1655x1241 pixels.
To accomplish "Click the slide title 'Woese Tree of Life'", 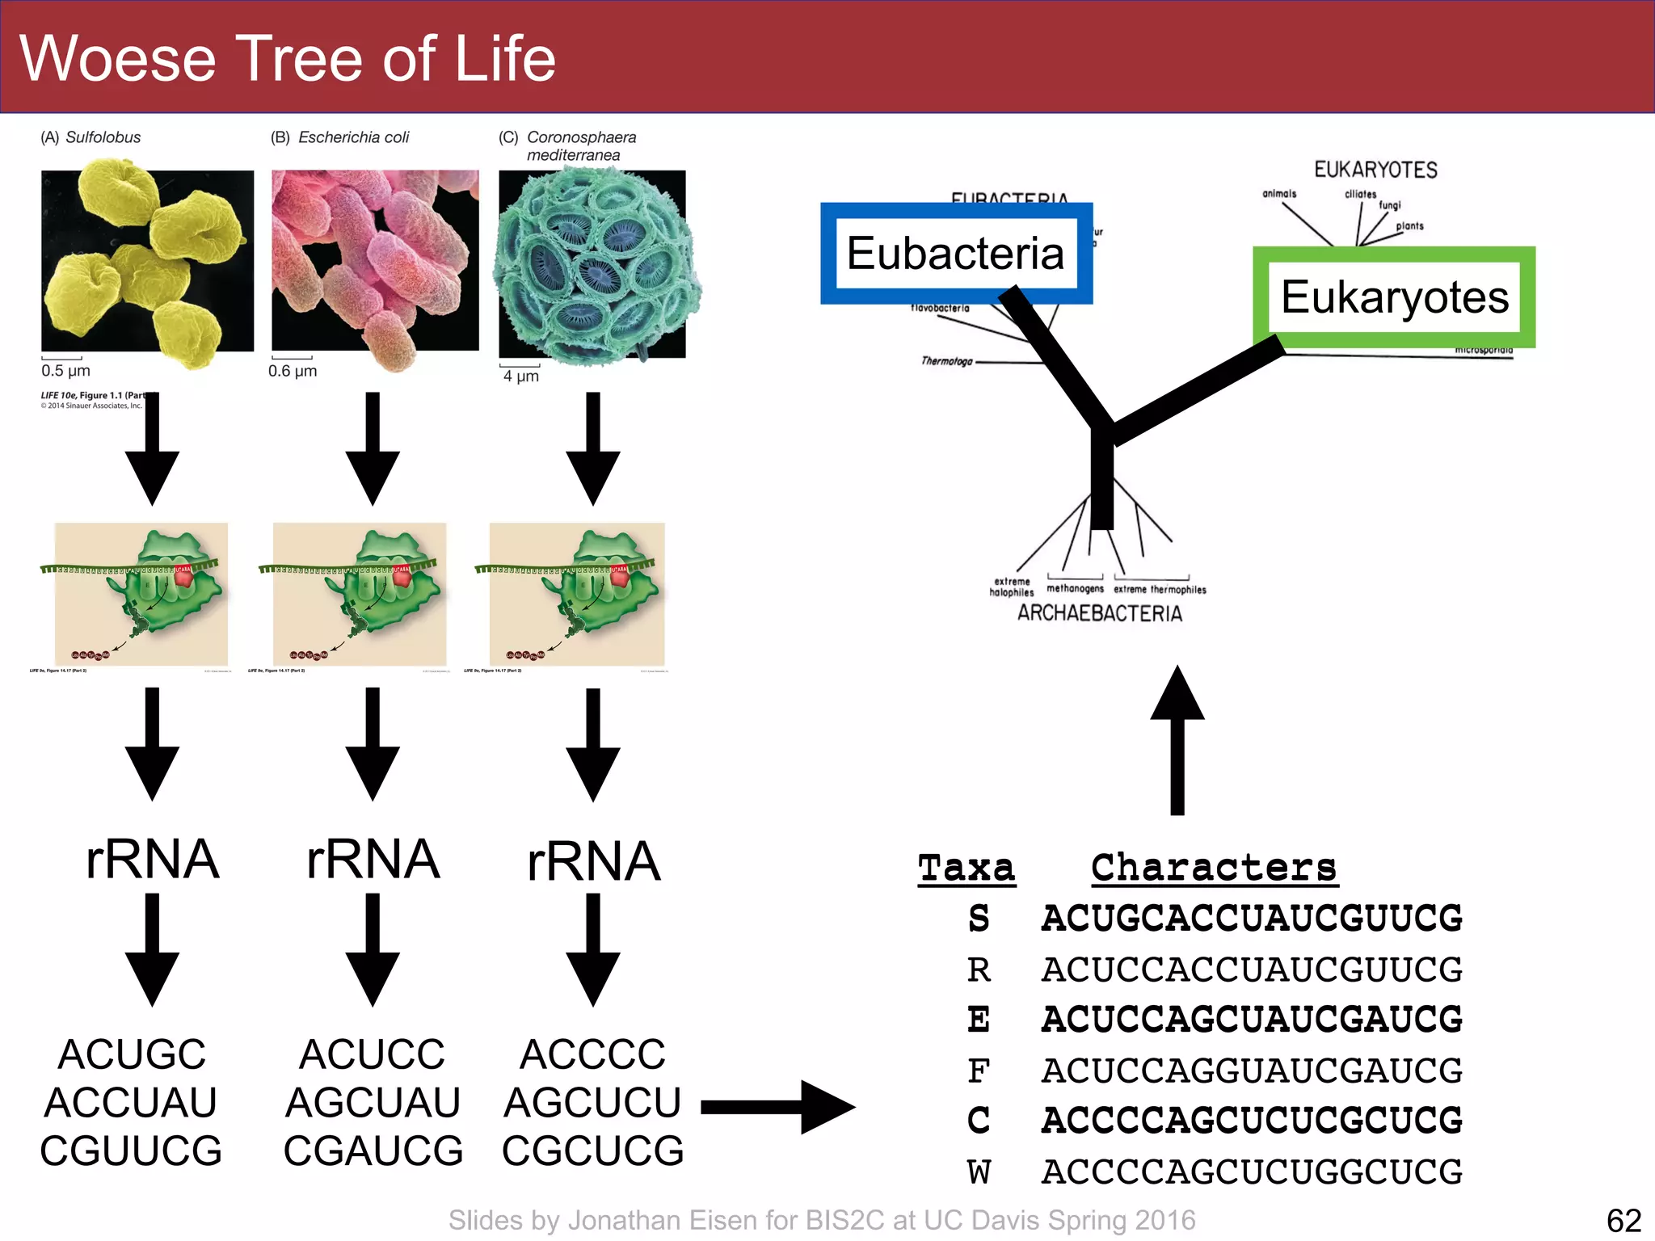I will tap(288, 58).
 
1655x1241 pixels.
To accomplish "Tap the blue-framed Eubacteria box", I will tap(956, 254).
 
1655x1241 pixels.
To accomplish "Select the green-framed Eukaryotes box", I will tap(1394, 297).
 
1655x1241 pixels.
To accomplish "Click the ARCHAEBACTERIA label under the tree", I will tap(1099, 613).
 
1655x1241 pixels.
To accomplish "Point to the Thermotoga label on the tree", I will tap(946, 361).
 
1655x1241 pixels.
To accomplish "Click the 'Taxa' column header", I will tap(966, 869).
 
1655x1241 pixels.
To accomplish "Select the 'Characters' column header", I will tap(1214, 869).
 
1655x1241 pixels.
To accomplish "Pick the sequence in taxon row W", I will tap(1252, 1172).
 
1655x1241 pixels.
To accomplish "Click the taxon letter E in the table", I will tap(979, 1020).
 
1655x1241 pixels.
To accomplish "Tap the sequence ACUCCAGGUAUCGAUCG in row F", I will tap(1252, 1071).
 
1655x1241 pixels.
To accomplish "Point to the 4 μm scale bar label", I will tap(520, 376).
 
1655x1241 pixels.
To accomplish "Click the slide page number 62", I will tap(1623, 1220).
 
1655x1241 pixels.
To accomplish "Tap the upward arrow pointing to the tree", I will tap(1177, 739).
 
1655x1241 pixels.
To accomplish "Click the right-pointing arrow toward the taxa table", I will tap(777, 1107).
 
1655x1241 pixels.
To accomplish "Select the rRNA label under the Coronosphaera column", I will tap(593, 861).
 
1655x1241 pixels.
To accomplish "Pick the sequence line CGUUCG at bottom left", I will tap(131, 1151).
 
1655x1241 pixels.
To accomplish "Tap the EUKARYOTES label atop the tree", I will tap(1375, 170).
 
